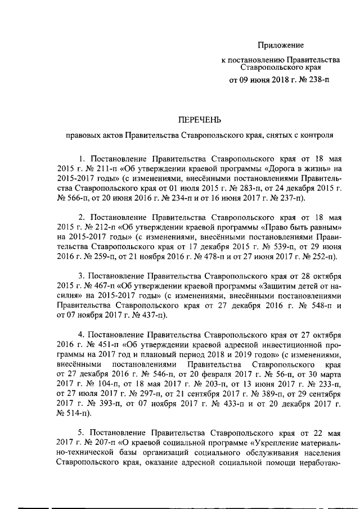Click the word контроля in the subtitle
[x=317, y=135]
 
